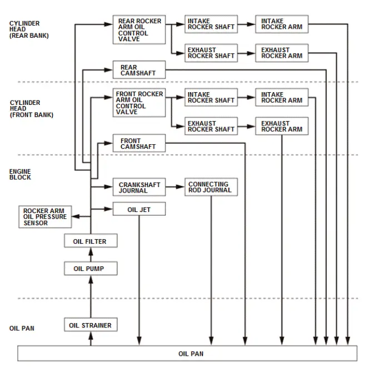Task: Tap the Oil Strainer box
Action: click(90, 325)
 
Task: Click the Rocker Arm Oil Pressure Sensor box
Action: click(45, 217)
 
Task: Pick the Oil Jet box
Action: click(139, 209)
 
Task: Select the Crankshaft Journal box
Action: click(139, 188)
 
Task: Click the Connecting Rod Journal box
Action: click(211, 188)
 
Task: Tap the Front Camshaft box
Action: click(139, 144)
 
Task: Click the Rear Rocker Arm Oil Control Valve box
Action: click(139, 30)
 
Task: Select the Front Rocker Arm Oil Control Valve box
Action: click(139, 103)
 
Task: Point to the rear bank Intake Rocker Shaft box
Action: click(211, 24)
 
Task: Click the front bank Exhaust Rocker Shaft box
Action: click(211, 127)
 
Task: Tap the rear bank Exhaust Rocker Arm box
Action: click(281, 53)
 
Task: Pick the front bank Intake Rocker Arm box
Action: click(281, 98)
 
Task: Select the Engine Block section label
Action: click(20, 174)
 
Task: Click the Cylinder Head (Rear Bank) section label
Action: click(29, 29)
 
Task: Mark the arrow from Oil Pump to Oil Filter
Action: click(91, 255)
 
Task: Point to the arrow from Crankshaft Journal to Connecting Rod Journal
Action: click(176, 188)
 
